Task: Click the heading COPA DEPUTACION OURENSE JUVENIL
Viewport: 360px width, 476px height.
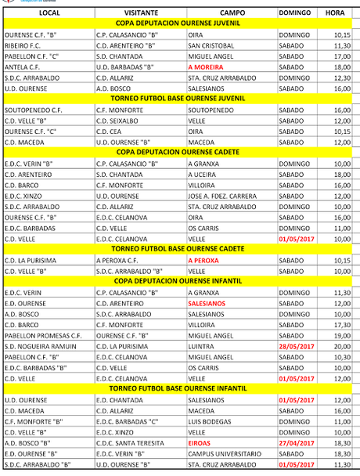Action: point(179,24)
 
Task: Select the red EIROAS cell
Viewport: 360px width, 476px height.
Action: point(200,442)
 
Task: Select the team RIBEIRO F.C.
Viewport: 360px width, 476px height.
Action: point(27,45)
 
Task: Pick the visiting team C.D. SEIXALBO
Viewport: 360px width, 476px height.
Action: point(121,121)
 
